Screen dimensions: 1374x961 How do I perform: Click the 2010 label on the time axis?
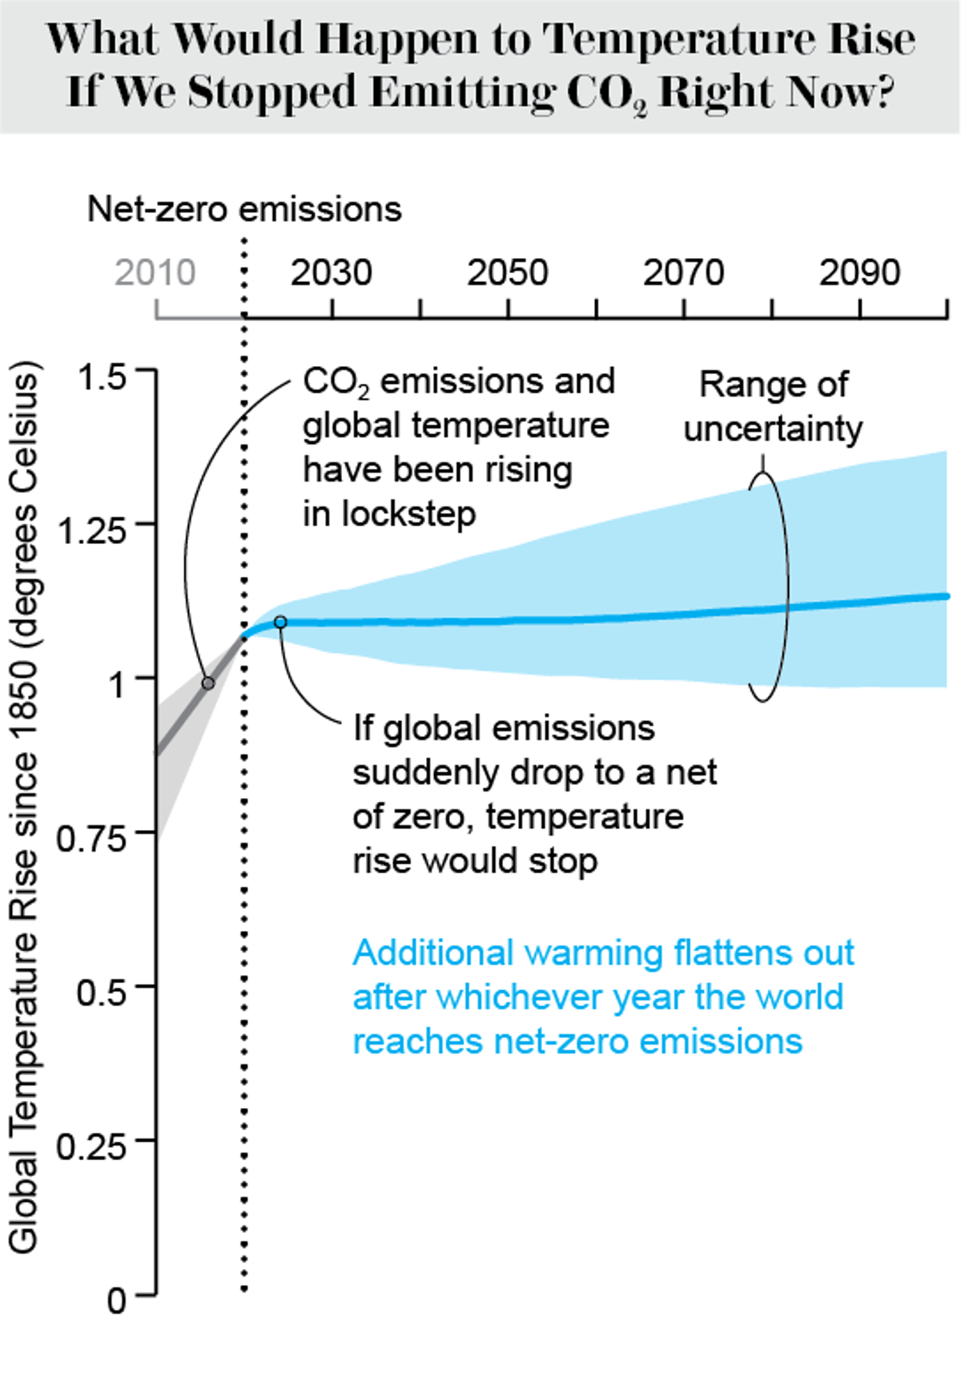click(155, 273)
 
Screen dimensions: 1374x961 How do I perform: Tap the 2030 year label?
click(331, 273)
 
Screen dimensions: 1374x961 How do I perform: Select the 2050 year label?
click(507, 273)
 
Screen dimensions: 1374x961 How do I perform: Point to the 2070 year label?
click(683, 273)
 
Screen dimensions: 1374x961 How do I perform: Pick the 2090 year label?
click(859, 273)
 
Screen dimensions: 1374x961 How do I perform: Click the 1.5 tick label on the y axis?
click(102, 377)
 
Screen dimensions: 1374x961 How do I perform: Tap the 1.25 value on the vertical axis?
click(93, 531)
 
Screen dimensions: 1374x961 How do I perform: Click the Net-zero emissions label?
click(244, 209)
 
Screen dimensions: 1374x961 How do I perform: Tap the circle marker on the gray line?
click(208, 683)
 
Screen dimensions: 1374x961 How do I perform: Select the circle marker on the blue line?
click(280, 622)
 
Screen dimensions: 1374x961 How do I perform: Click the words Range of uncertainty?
click(773, 406)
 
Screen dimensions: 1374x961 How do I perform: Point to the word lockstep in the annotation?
click(409, 514)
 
